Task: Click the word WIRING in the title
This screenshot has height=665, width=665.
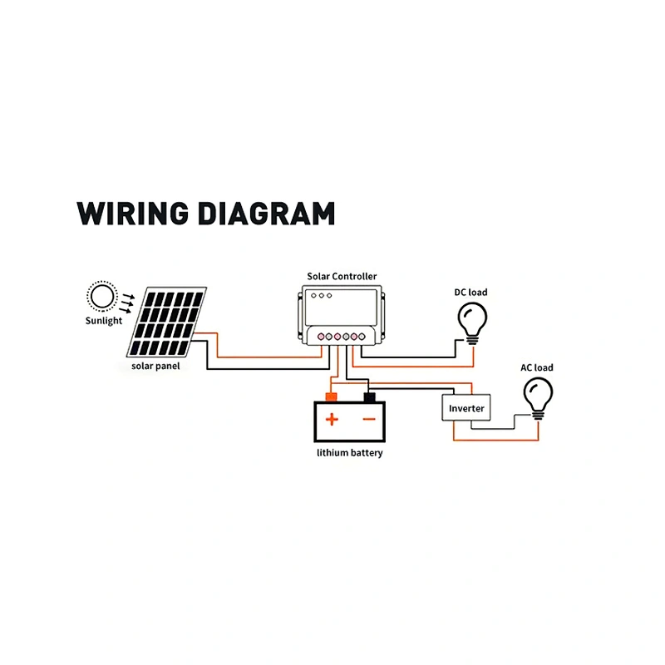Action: click(132, 213)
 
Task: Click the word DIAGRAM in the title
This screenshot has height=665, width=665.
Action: click(267, 213)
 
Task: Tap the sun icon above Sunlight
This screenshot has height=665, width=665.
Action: click(102, 296)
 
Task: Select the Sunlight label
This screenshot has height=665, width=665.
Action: click(103, 321)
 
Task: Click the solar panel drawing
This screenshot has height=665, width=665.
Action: click(167, 323)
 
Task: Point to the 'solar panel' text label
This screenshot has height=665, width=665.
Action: click(155, 366)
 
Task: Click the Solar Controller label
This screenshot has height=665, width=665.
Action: click(342, 277)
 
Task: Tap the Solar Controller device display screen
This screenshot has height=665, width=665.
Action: click(342, 307)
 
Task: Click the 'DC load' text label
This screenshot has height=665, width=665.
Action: click(470, 293)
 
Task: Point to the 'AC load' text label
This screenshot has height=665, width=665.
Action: click(537, 367)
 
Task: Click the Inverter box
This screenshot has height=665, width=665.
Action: click(466, 408)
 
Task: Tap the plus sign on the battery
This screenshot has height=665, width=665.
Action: click(332, 420)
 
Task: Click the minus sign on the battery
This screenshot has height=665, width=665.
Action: click(369, 420)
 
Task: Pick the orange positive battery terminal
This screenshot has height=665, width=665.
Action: click(331, 397)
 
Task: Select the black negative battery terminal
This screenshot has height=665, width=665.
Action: click(369, 397)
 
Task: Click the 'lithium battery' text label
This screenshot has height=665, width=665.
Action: click(350, 453)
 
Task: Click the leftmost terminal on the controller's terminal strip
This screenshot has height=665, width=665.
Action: click(321, 337)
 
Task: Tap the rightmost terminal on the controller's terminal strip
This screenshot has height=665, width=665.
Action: click(362, 337)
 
